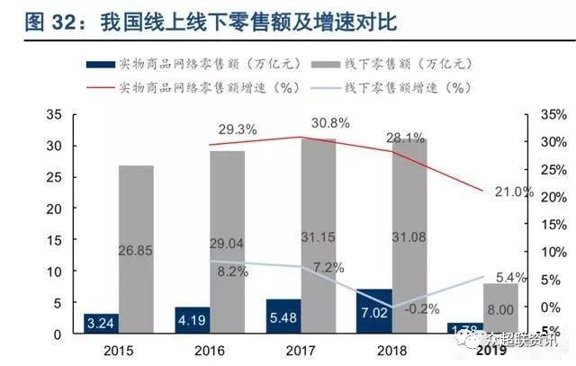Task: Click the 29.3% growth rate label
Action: pyautogui.click(x=237, y=129)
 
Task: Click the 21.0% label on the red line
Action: pyautogui.click(x=516, y=192)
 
